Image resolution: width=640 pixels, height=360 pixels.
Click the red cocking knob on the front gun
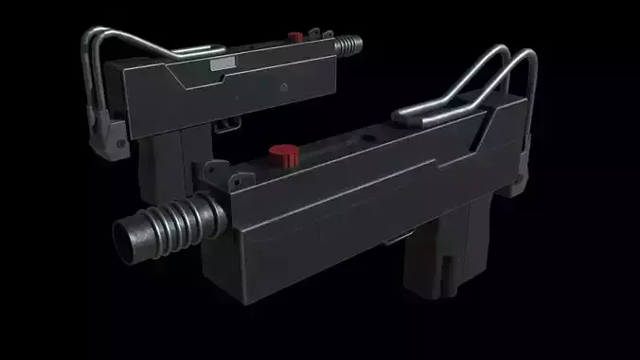pyautogui.click(x=282, y=153)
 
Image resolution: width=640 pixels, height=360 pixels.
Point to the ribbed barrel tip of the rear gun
pyautogui.click(x=352, y=45)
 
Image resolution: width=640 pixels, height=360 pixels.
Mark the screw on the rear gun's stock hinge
pyautogui.click(x=119, y=144)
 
